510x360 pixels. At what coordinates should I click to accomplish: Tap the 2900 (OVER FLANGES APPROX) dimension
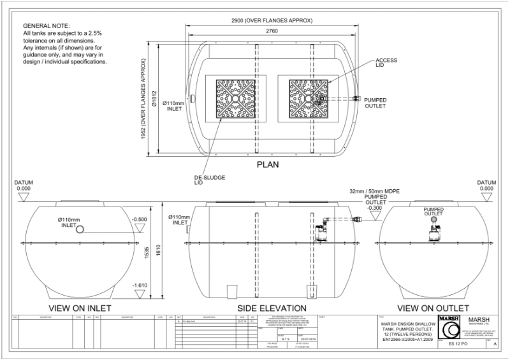click(x=272, y=20)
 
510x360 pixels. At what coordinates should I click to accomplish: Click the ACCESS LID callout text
click(x=387, y=61)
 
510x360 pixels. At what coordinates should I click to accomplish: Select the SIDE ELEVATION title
click(x=273, y=308)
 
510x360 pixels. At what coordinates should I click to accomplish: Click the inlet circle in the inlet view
click(x=80, y=229)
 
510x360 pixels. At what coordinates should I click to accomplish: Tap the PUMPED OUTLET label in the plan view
click(x=375, y=103)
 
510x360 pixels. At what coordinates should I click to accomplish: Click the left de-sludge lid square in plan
click(x=236, y=100)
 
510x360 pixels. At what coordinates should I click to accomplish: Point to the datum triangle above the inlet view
click(x=24, y=198)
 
